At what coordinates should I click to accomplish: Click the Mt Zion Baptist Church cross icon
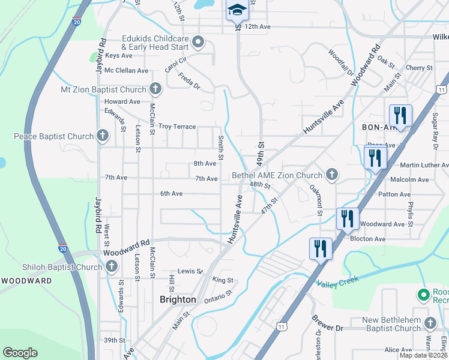point(155,89)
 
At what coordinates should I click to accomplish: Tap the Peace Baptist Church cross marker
point(103,136)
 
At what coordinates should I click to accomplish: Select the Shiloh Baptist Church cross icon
point(112,267)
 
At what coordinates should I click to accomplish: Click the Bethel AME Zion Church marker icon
point(331,175)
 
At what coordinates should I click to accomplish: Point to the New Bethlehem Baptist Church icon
point(430,324)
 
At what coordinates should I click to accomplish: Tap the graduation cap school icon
point(237,10)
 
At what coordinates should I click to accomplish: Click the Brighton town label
point(178,299)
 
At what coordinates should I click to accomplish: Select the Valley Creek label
point(337,281)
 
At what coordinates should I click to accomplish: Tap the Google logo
point(20,353)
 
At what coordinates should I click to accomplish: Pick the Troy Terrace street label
point(177,127)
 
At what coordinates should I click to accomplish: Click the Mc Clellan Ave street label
point(126,70)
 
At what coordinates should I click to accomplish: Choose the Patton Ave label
point(394,194)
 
